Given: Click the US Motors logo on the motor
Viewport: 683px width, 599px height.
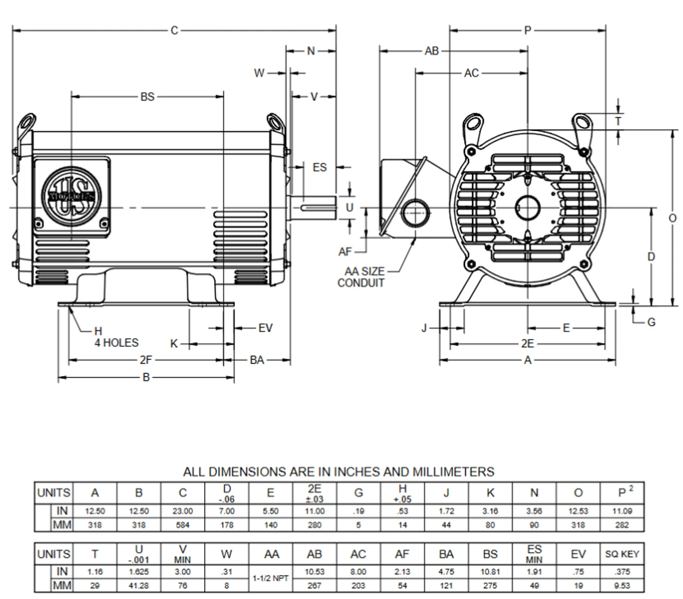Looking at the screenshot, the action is click(x=72, y=196).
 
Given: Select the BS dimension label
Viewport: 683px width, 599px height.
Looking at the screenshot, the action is click(x=147, y=97).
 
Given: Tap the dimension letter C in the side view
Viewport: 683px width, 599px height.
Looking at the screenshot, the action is click(x=174, y=31).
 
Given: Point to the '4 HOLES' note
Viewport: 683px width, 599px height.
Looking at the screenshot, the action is click(x=116, y=343).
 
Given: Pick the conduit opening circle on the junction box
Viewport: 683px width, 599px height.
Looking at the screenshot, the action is click(x=416, y=213).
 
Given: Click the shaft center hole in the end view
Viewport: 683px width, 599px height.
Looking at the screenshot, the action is click(x=528, y=207).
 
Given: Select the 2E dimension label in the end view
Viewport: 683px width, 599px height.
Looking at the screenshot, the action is click(x=528, y=344).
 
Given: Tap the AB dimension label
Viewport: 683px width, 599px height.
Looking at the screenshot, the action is click(x=432, y=51).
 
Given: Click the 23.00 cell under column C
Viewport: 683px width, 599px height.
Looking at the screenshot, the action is click(x=182, y=511).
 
